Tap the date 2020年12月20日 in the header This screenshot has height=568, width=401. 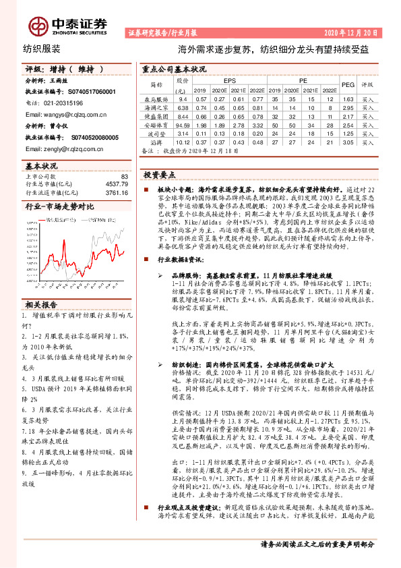click(359, 32)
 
